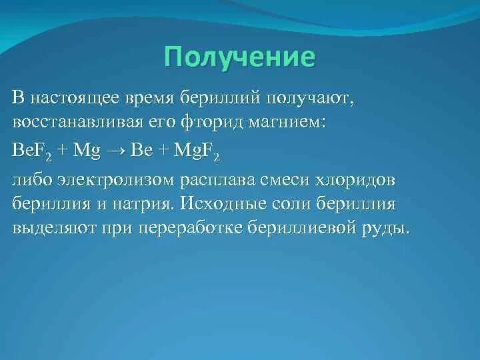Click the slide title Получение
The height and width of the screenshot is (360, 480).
239,58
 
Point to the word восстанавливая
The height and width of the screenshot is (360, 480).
78,123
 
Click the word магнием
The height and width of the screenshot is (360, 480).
287,123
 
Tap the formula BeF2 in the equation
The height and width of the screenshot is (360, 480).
32,151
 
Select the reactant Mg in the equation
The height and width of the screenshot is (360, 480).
87,151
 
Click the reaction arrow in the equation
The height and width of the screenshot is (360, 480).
115,152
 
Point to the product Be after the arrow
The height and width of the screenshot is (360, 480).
141,150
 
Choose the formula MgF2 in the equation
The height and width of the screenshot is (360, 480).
196,151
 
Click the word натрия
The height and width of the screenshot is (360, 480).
141,204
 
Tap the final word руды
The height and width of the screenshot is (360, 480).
383,229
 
